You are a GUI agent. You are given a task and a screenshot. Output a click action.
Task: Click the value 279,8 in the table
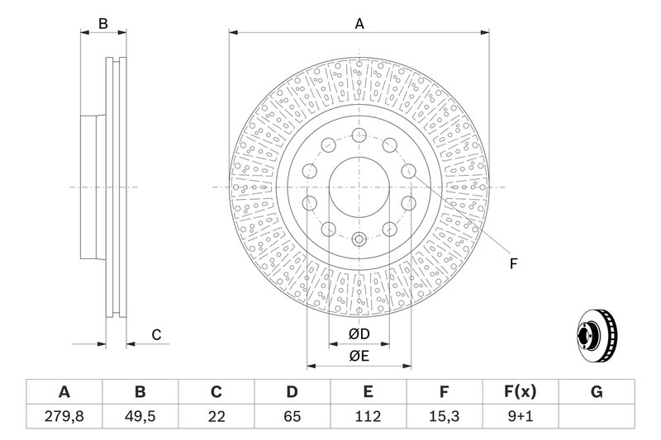pyautogui.click(x=64, y=416)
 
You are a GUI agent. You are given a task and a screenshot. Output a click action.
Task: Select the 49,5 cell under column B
pyautogui.click(x=140, y=416)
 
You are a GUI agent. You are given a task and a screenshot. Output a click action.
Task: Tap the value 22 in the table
pyautogui.click(x=216, y=416)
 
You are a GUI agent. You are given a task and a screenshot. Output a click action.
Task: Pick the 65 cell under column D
pyautogui.click(x=292, y=416)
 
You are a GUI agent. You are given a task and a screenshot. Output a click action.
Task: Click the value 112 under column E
pyautogui.click(x=368, y=416)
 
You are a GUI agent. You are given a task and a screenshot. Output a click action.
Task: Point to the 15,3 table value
pyautogui.click(x=444, y=416)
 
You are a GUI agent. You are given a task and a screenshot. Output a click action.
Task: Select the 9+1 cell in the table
pyautogui.click(x=521, y=416)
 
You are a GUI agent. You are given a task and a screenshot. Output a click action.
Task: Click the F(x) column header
pyautogui.click(x=521, y=392)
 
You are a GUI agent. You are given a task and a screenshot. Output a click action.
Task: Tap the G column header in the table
pyautogui.click(x=597, y=392)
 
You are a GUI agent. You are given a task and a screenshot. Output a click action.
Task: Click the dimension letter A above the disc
pyautogui.click(x=359, y=24)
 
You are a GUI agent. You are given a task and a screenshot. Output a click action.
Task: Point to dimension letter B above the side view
pyautogui.click(x=102, y=24)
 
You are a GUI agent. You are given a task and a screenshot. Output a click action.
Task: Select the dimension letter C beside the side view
pyautogui.click(x=156, y=335)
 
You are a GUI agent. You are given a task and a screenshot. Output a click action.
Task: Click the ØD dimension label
pyautogui.click(x=359, y=334)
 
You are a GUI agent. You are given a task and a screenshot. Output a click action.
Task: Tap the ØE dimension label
pyautogui.click(x=359, y=357)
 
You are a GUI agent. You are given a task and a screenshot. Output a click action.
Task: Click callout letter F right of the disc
pyautogui.click(x=513, y=264)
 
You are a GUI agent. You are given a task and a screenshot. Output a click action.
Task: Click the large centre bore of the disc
pyautogui.click(x=359, y=187)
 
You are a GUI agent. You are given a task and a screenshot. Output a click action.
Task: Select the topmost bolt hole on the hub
pyautogui.click(x=359, y=135)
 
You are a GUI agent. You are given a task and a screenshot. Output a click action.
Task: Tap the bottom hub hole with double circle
pyautogui.click(x=359, y=239)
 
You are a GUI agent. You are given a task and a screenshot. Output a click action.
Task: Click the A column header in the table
pyautogui.click(x=64, y=392)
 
